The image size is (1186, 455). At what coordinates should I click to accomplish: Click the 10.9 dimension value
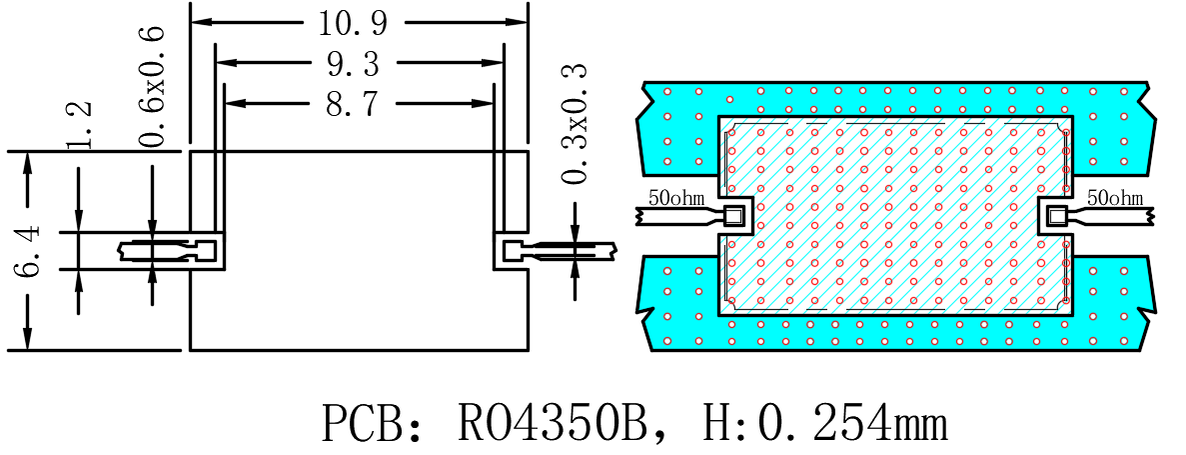point(353,23)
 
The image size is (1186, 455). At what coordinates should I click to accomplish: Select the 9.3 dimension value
point(353,64)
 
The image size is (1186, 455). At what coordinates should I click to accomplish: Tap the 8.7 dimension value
point(353,104)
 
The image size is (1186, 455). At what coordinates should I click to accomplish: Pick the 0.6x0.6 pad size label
point(152,85)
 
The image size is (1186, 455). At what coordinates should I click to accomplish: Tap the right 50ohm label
point(1115,198)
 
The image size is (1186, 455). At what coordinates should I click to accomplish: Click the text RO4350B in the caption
point(553,424)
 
